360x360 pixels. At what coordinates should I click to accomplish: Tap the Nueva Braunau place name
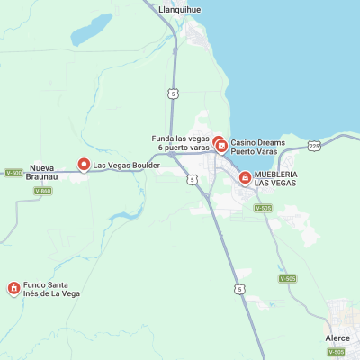tap(42, 172)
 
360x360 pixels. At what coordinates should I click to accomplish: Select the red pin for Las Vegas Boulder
tap(85, 165)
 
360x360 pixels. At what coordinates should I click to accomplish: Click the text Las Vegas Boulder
tap(127, 166)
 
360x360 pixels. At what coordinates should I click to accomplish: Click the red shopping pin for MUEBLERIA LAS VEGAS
tap(245, 178)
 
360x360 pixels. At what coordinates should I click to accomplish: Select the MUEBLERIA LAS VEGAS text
tap(274, 178)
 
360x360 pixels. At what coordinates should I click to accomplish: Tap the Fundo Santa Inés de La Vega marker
tap(13, 289)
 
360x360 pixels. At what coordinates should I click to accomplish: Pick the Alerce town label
tap(337, 338)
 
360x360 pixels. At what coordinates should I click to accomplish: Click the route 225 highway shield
tap(313, 145)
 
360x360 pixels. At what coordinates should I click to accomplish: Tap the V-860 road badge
tap(42, 191)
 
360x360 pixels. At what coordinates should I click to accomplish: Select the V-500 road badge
tap(13, 173)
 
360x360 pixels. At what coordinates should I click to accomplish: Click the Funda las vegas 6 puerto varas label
tap(180, 142)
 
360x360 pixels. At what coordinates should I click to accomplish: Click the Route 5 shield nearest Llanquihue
tap(172, 94)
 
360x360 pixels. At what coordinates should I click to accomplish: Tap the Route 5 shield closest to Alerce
tap(239, 288)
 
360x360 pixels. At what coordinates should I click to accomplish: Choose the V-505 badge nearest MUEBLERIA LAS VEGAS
tap(263, 208)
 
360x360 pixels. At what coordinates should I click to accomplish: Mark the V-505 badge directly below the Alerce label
tap(336, 352)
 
